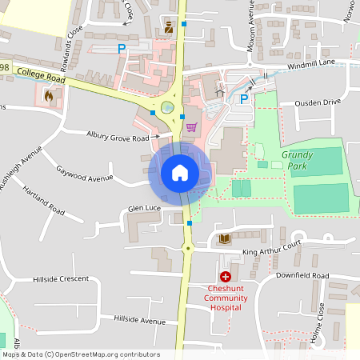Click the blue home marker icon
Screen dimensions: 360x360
(x=180, y=172)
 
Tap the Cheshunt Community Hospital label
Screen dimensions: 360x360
(x=226, y=298)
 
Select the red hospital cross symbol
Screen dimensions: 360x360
(x=226, y=276)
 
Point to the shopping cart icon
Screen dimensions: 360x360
(x=191, y=126)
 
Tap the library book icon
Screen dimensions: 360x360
(x=224, y=238)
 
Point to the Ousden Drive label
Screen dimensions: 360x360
(x=318, y=102)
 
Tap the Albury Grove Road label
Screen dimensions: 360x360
(x=118, y=138)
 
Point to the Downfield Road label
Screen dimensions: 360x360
(x=303, y=275)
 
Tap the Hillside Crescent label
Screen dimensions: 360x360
(x=61, y=278)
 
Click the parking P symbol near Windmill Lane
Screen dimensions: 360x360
(x=244, y=98)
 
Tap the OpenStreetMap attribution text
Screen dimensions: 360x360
(x=81, y=354)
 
